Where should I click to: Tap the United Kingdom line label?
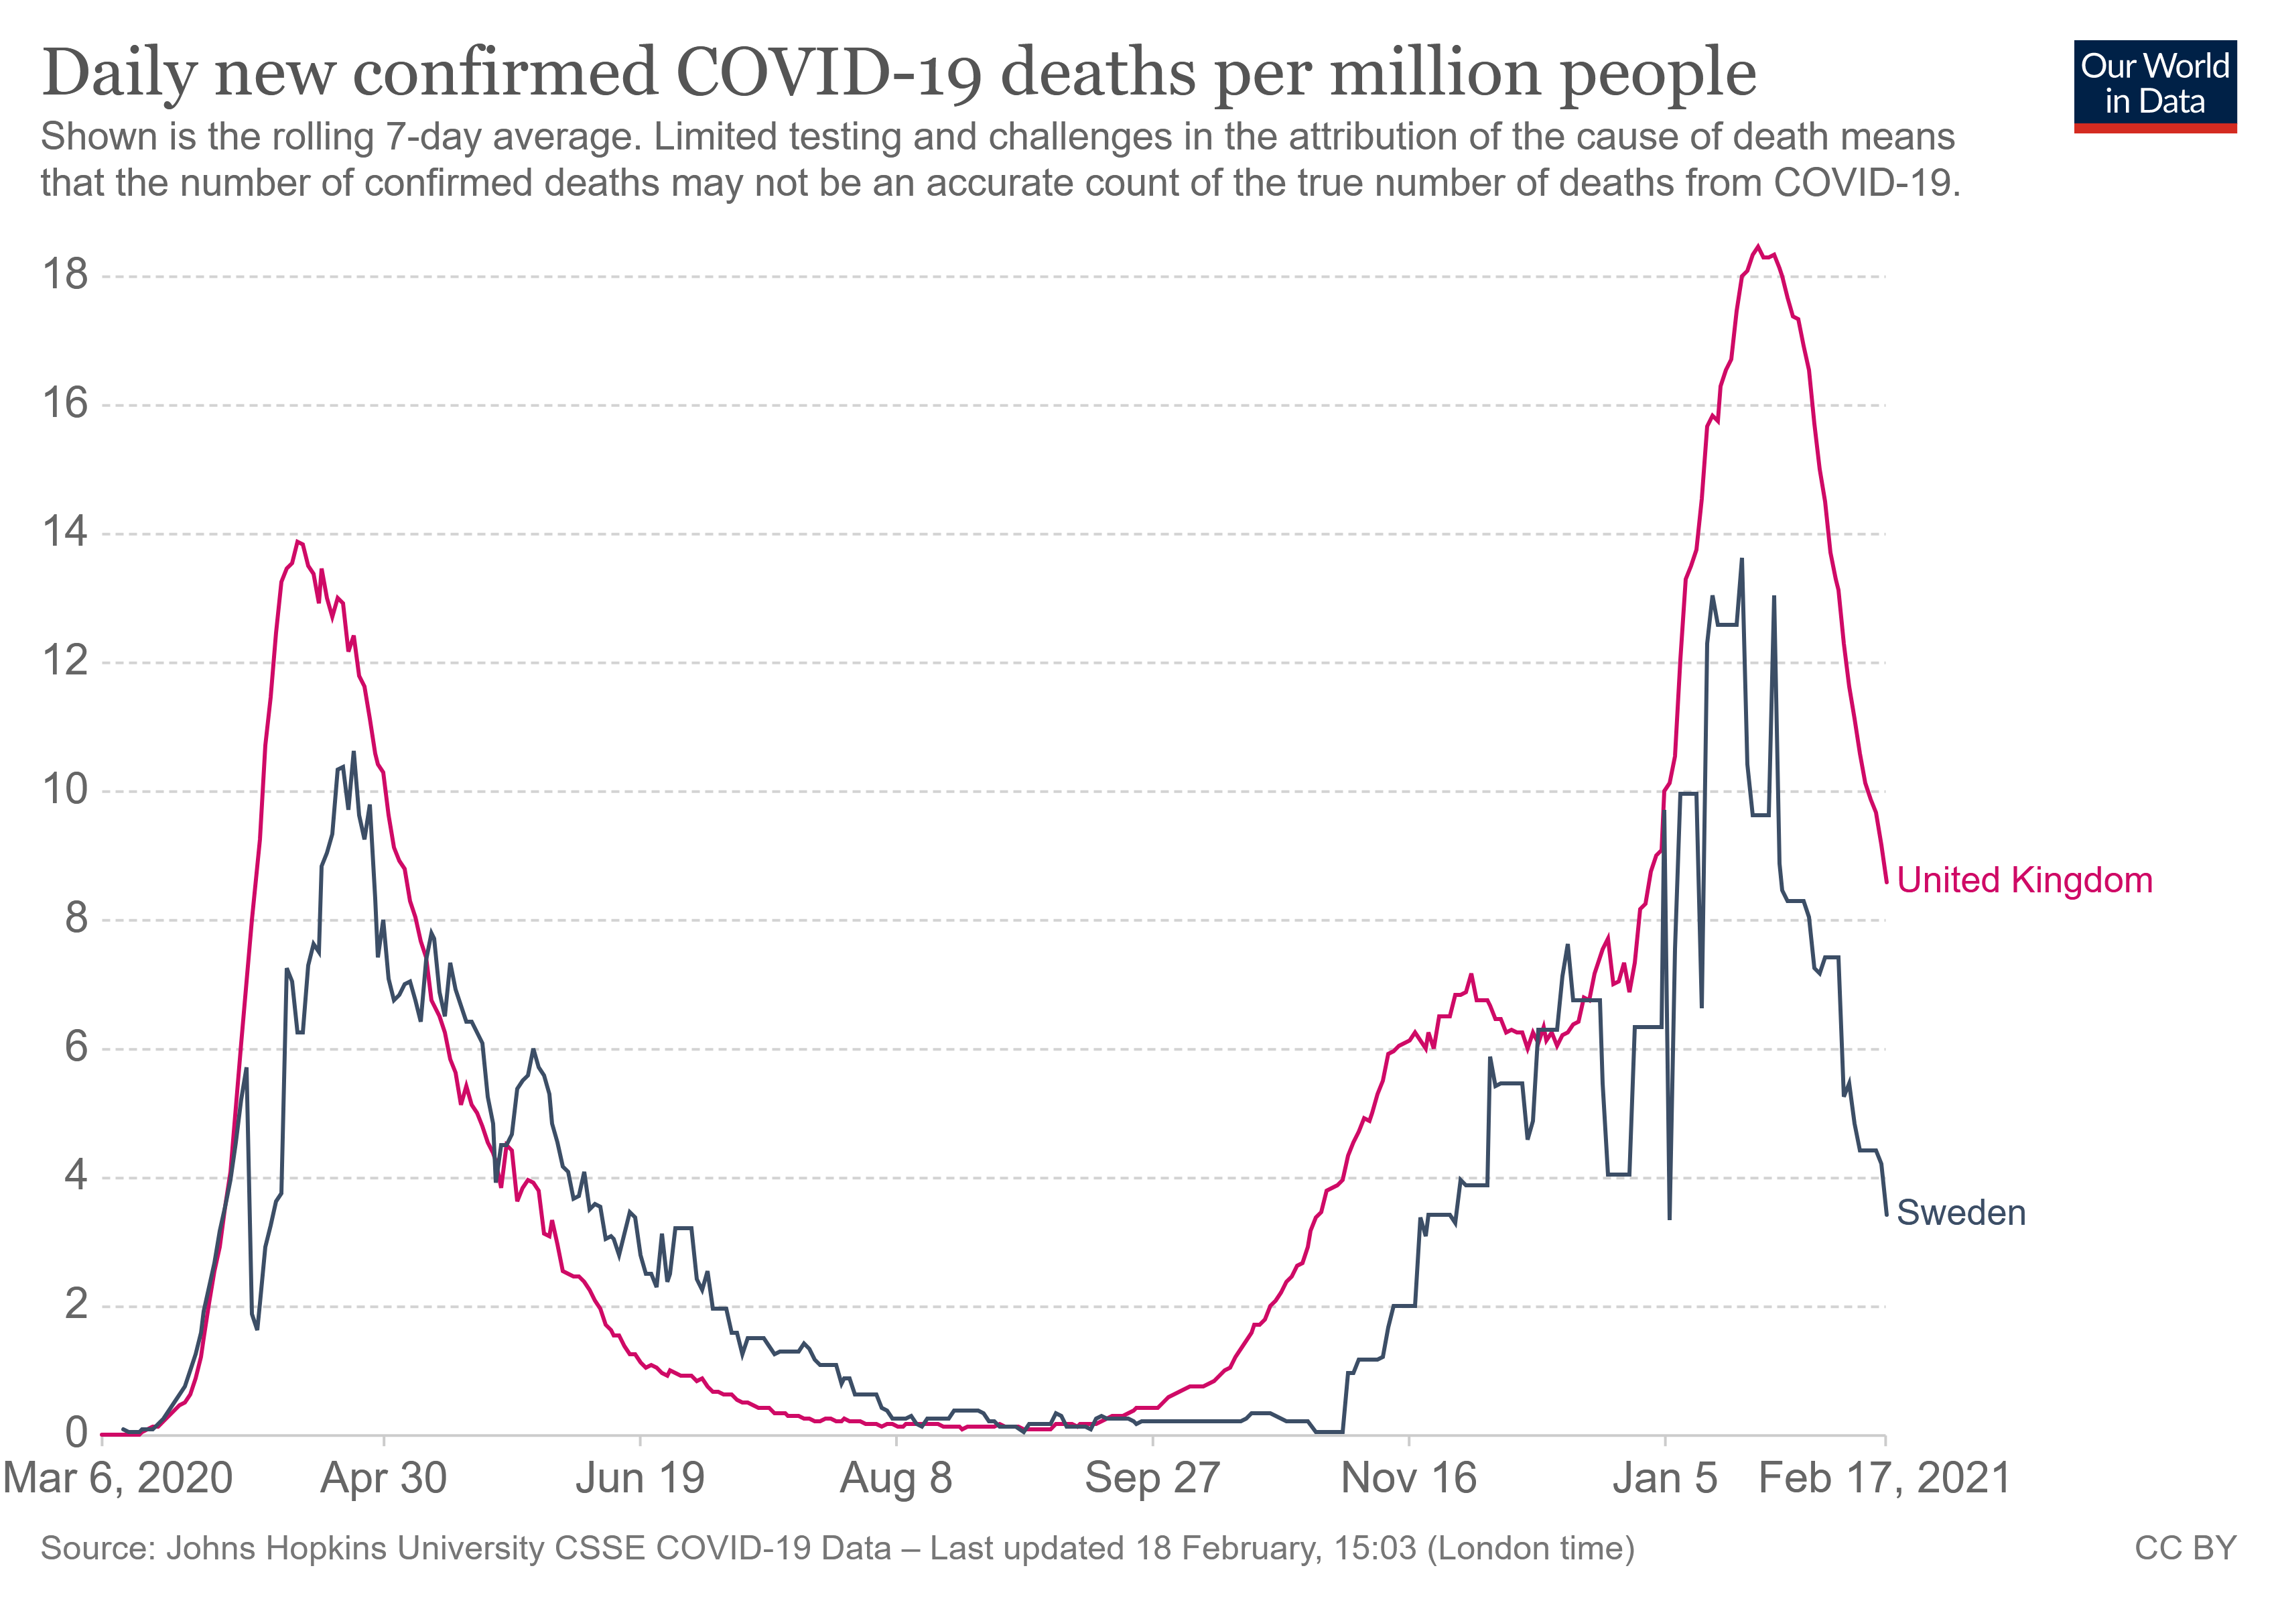pos(2024,880)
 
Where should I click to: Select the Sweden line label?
pos(1960,1213)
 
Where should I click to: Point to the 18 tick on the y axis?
pos(64,275)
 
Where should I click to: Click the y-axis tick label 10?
pos(64,790)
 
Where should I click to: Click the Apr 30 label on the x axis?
pos(383,1478)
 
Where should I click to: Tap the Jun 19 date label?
pos(640,1478)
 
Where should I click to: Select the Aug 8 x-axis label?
pos(896,1478)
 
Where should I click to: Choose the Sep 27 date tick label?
pos(1152,1478)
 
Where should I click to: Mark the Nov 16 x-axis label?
pos(1409,1478)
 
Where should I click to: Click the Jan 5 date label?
pos(1665,1478)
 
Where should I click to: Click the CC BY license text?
pos(2186,1549)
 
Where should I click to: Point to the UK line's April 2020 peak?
pos(297,541)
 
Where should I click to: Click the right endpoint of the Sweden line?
pos(1886,1215)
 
